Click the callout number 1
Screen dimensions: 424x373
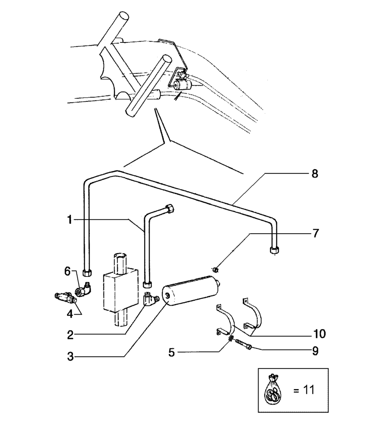coord(69,220)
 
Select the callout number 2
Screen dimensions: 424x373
coord(71,335)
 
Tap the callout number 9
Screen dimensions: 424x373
coord(315,351)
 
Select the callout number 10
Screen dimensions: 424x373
coord(320,334)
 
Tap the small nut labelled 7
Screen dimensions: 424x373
coord(215,268)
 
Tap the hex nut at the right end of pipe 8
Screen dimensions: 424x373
coord(274,250)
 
